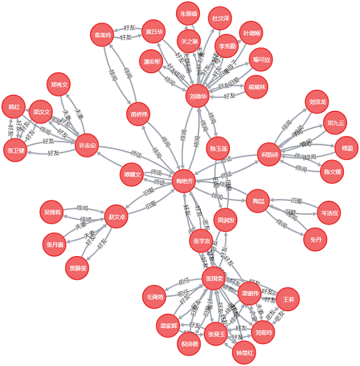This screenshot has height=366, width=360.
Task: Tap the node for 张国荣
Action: [214, 278]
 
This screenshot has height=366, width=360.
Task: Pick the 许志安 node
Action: [87, 146]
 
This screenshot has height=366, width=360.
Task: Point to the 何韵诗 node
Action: [269, 154]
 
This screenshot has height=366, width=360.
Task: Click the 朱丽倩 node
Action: [188, 13]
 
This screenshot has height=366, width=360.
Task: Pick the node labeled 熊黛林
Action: [256, 87]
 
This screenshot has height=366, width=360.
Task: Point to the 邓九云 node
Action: [335, 122]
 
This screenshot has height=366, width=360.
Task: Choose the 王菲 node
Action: [287, 298]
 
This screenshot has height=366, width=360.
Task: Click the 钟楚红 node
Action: [245, 353]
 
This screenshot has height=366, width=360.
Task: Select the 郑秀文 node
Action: [59, 85]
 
